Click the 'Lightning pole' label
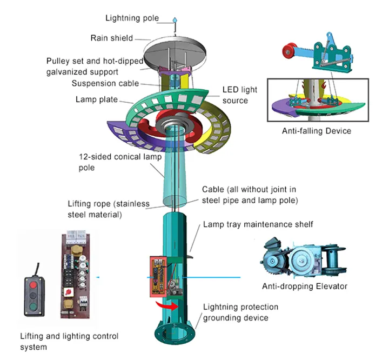point(132,18)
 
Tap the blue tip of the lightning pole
point(175,19)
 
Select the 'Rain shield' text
point(111,38)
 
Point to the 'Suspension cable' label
point(105,83)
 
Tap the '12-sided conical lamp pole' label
point(111,163)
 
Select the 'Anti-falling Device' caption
point(316,131)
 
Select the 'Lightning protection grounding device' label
point(240,312)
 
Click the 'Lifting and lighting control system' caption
point(69,342)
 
